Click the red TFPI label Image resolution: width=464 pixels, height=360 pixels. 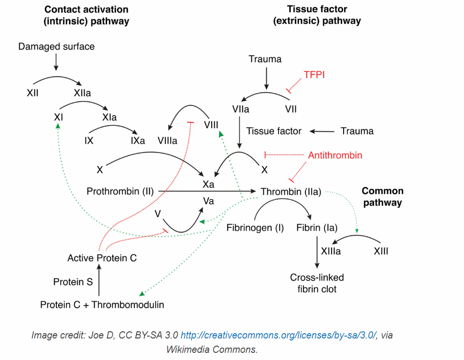click(314, 75)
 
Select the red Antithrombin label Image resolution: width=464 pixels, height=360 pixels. click(335, 155)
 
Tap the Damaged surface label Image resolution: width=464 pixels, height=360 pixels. click(56, 46)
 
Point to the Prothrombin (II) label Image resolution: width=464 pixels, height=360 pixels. click(120, 191)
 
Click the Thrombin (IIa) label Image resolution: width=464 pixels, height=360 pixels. click(291, 192)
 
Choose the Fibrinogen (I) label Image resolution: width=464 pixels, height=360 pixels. click(255, 228)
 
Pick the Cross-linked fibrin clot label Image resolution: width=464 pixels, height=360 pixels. click(317, 283)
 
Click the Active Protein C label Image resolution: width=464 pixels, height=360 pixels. click(102, 258)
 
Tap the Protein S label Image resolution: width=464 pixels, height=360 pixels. click(73, 282)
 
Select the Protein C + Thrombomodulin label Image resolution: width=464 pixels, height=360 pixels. click(102, 305)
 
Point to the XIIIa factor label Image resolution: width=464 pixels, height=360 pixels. click(331, 251)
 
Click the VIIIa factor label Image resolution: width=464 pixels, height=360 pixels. click(168, 141)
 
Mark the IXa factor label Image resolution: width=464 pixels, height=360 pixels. click(138, 141)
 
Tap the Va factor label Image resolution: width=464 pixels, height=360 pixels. click(208, 201)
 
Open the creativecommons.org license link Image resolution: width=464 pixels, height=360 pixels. click(279, 335)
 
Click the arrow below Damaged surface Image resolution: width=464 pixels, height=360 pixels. click(56, 62)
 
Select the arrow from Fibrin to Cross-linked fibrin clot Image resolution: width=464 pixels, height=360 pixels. click(317, 252)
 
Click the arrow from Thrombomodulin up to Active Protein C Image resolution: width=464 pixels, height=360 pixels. click(99, 280)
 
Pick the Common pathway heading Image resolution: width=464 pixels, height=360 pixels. click(383, 196)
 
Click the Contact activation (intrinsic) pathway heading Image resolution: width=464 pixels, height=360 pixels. click(86, 15)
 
